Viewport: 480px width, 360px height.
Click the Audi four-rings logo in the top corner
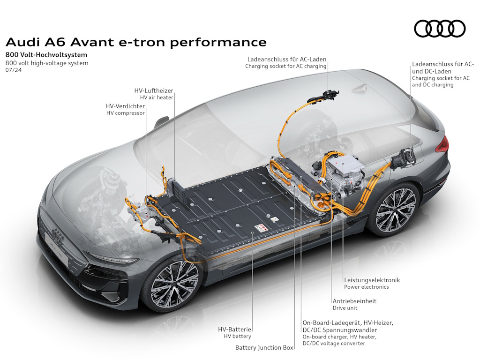(440, 29)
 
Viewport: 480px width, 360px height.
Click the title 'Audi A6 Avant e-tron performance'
(136, 42)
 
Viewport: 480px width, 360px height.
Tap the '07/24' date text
(14, 70)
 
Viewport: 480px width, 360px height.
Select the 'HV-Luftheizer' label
(154, 90)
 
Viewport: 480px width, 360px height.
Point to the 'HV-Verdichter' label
(125, 106)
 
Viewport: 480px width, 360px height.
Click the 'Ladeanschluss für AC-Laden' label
(287, 60)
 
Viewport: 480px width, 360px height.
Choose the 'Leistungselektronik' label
(372, 280)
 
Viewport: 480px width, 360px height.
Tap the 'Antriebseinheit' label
(354, 301)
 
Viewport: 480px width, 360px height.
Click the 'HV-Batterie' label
(234, 330)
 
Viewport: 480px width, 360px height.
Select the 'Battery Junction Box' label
(264, 347)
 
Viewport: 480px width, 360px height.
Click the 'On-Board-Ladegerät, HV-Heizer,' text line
(348, 322)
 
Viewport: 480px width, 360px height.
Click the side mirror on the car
(161, 122)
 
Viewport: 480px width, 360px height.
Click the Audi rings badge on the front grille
(57, 235)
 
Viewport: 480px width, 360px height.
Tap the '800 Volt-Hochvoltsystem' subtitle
(46, 55)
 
